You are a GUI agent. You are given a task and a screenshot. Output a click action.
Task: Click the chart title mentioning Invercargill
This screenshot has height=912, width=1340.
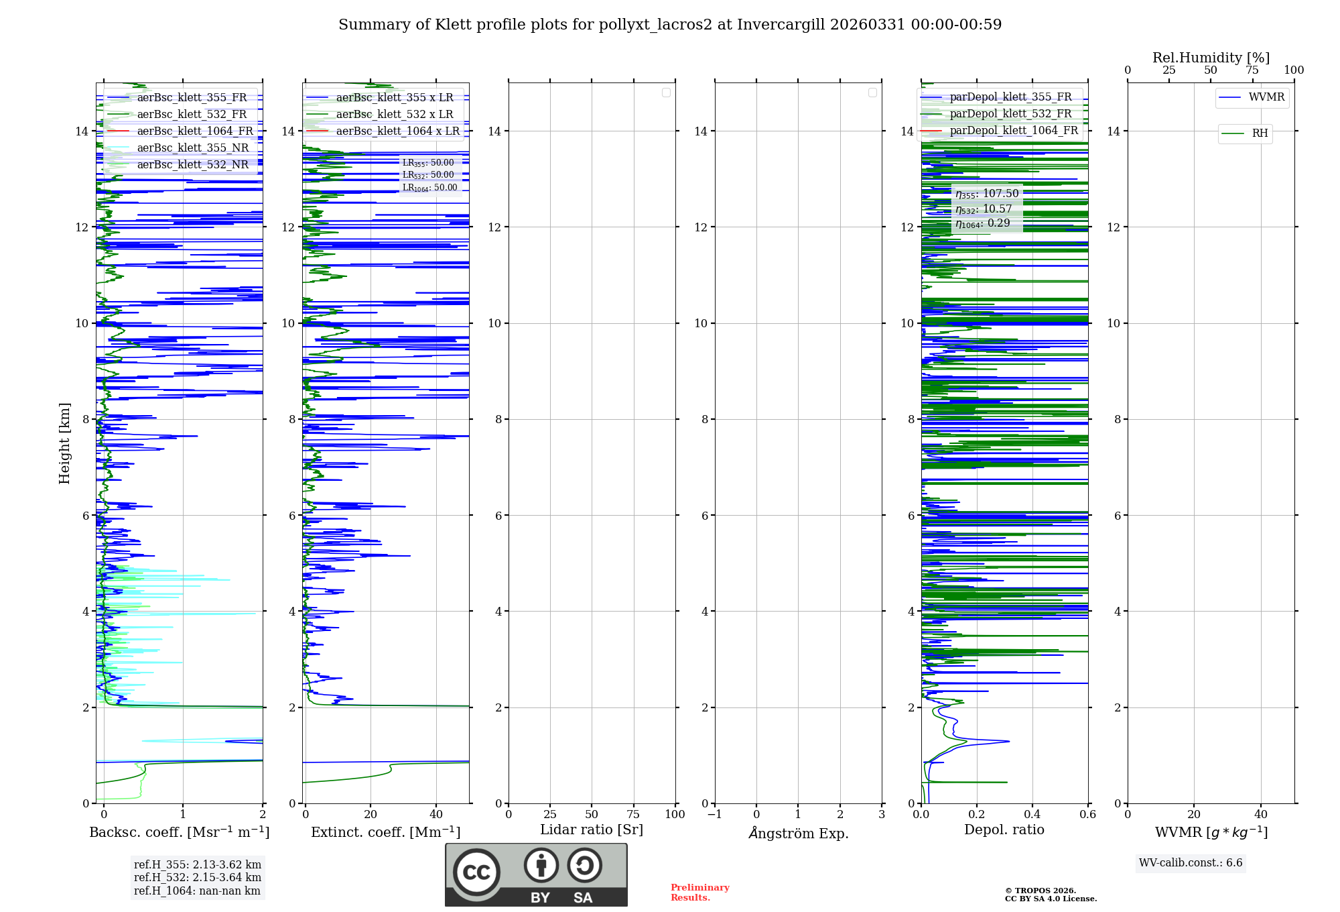click(x=670, y=25)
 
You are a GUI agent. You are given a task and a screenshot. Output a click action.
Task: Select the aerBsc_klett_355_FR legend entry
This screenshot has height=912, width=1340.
click(x=192, y=98)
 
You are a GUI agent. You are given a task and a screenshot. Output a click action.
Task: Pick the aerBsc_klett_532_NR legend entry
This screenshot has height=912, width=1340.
click(x=192, y=165)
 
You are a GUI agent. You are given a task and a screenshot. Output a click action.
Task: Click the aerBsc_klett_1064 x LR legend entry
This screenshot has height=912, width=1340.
click(x=397, y=131)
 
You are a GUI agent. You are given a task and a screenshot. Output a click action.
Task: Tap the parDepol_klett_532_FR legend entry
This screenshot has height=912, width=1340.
click(x=1010, y=114)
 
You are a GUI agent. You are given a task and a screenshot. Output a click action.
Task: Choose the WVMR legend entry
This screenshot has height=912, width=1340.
click(x=1266, y=97)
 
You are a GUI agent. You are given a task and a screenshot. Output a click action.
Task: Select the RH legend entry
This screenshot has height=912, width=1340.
click(x=1260, y=133)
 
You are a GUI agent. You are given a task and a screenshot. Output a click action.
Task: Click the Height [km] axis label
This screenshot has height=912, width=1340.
click(x=64, y=443)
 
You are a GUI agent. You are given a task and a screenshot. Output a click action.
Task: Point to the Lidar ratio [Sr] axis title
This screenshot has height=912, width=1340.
click(x=592, y=830)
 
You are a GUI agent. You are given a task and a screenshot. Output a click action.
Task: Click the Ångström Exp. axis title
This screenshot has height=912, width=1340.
click(x=798, y=833)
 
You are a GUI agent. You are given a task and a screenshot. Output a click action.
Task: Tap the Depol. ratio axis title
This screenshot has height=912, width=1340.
click(x=1004, y=830)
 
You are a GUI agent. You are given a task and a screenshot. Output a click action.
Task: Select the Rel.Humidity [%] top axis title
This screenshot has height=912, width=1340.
click(x=1211, y=58)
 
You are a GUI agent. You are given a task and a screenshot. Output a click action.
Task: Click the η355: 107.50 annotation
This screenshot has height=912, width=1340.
click(x=987, y=194)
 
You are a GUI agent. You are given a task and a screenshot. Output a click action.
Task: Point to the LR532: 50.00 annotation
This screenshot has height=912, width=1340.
click(x=428, y=175)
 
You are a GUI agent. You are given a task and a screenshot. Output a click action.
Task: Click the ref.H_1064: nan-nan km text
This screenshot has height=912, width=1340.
click(x=197, y=891)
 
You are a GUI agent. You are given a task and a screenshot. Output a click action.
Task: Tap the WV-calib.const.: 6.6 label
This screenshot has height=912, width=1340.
click(x=1191, y=863)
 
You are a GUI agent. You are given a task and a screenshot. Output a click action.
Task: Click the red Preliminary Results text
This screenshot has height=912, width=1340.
click(x=699, y=893)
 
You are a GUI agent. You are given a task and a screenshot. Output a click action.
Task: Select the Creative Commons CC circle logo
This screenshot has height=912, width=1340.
click(x=476, y=872)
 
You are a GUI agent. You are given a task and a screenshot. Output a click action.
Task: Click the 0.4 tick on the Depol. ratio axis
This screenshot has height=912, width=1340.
click(x=1032, y=815)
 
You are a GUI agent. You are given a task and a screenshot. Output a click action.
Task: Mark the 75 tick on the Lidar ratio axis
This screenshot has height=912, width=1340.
click(x=633, y=815)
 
